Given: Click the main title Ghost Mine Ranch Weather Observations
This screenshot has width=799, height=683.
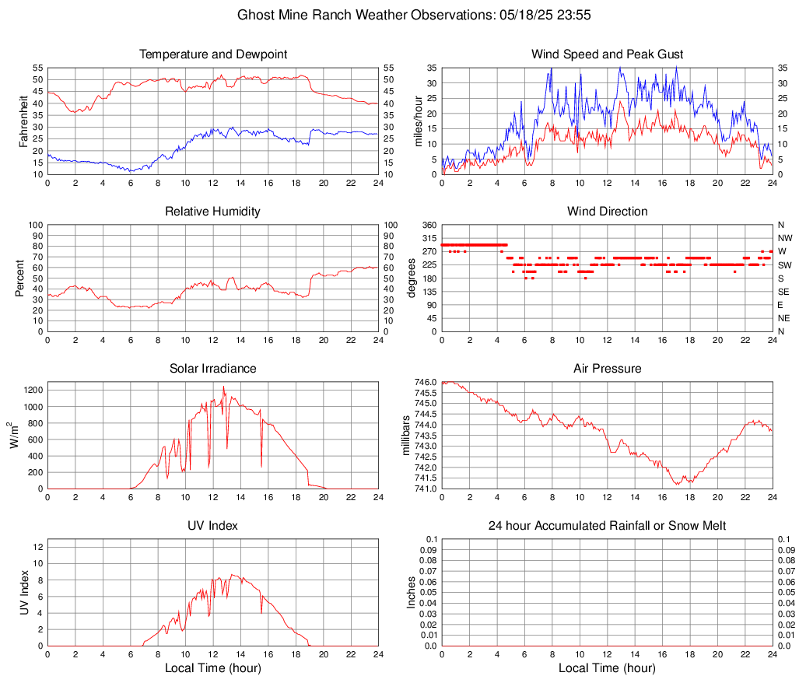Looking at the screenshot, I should click(400, 15).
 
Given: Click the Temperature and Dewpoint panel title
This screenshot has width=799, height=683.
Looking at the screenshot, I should click(213, 54).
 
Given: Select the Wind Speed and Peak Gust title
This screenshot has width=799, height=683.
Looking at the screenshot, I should click(607, 54).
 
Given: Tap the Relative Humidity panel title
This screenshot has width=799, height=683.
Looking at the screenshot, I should click(213, 212).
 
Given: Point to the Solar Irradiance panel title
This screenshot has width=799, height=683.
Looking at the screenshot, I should click(213, 369).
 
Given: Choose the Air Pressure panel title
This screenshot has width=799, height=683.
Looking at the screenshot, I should click(607, 369).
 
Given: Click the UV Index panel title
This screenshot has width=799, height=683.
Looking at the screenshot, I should click(213, 526).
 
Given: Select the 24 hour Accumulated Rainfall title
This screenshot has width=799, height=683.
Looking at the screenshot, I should click(607, 526).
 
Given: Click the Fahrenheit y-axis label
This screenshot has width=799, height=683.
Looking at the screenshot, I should click(23, 121).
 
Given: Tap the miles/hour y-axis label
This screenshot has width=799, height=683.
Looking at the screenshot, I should click(418, 121).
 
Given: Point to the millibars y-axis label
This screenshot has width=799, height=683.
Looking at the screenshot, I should click(405, 436).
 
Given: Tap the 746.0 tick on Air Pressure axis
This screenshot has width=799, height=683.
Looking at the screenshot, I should click(426, 382).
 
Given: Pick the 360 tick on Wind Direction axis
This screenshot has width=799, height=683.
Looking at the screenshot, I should click(429, 225).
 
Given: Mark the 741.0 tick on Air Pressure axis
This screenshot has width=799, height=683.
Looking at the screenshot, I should click(426, 489).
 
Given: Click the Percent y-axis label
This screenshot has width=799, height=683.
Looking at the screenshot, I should click(20, 278).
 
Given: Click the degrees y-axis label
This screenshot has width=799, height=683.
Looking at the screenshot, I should click(412, 278).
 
